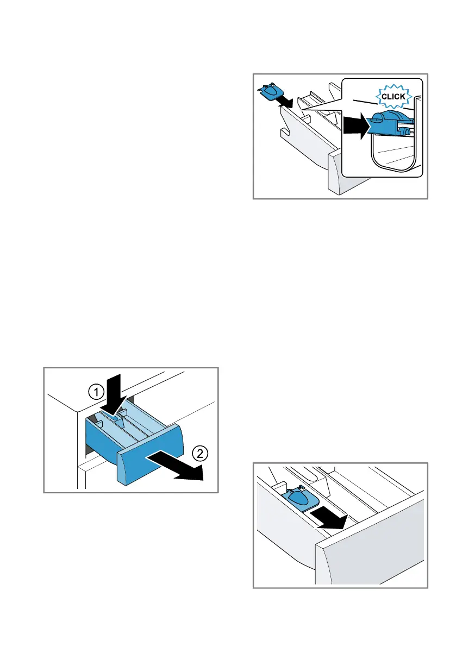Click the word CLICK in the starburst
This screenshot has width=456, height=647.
[393, 96]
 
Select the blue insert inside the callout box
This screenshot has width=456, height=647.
[390, 123]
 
